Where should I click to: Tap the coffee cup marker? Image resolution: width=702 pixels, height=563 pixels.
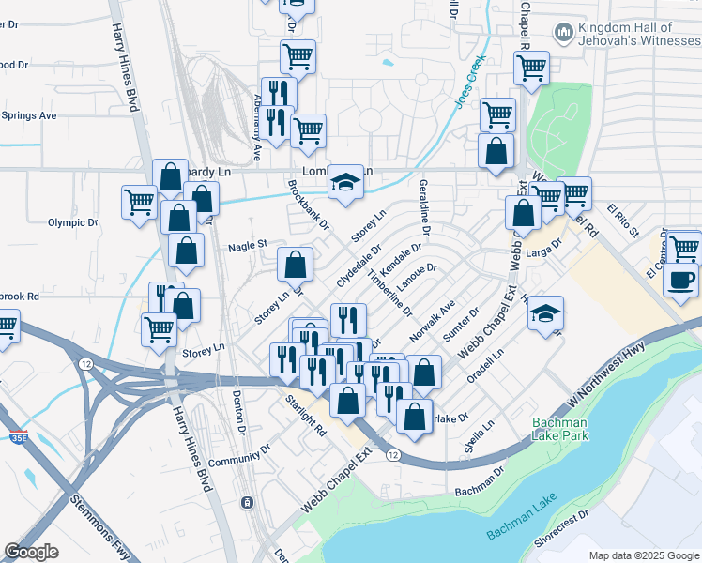click(x=681, y=279)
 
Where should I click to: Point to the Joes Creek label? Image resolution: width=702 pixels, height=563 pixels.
click(x=472, y=81)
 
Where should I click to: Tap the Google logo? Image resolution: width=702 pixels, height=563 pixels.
click(x=32, y=552)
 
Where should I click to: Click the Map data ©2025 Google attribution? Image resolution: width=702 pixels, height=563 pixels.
click(x=643, y=555)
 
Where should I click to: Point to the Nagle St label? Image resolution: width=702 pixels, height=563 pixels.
click(x=248, y=246)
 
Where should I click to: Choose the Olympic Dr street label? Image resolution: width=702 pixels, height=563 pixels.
click(x=72, y=222)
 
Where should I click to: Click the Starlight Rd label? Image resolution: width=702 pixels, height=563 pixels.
click(x=307, y=415)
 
